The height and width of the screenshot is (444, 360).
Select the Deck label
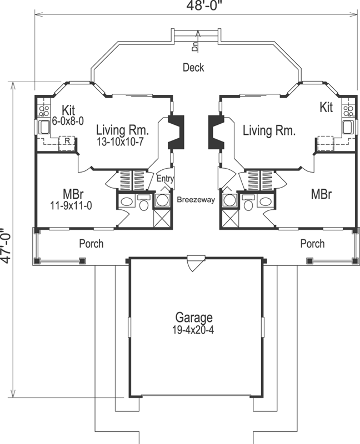point(193,68)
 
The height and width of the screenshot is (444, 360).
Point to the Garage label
point(194,318)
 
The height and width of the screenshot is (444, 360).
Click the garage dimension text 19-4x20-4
point(194,329)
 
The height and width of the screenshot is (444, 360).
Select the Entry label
point(165,179)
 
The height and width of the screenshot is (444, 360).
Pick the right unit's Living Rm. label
point(269,131)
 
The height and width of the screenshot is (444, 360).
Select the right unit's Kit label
point(326,108)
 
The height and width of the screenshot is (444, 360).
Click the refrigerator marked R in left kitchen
point(67,142)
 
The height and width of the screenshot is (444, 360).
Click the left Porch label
point(91,244)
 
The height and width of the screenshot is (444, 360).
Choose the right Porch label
point(312,244)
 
